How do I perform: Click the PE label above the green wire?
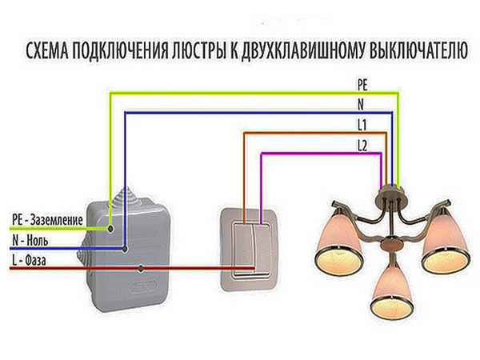click(362, 83)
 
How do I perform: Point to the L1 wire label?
click(362, 125)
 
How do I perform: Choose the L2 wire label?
click(362, 144)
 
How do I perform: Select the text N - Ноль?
click(33, 238)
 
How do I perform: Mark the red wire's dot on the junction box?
click(141, 268)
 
